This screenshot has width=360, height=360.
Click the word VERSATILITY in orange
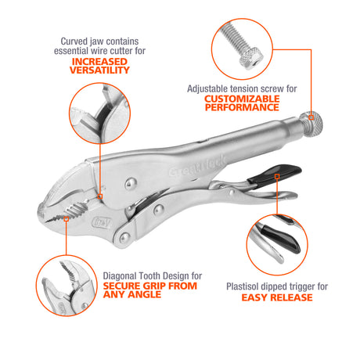point(99,70)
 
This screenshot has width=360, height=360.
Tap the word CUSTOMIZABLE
point(242,99)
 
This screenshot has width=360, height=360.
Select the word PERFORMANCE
point(242,107)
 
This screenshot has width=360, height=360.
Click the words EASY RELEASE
point(277,297)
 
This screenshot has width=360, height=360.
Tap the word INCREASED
point(99,62)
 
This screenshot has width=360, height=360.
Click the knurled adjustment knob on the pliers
point(311,124)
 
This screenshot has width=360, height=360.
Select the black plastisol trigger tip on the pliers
point(275,174)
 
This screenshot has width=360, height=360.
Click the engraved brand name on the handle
point(197,166)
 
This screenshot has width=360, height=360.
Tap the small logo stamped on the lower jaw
point(102,222)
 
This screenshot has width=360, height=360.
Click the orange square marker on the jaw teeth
point(67,219)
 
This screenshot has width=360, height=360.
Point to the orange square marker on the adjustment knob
point(311,117)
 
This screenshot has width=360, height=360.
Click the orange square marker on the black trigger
point(277,177)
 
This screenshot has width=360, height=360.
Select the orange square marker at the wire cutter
point(100,196)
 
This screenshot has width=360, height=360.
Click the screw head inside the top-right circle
point(250,59)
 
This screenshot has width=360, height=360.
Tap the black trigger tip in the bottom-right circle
point(281,239)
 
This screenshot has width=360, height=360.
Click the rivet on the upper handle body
point(131,184)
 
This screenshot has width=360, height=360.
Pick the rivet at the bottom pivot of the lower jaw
point(124,238)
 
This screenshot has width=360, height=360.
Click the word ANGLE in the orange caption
point(146,294)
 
